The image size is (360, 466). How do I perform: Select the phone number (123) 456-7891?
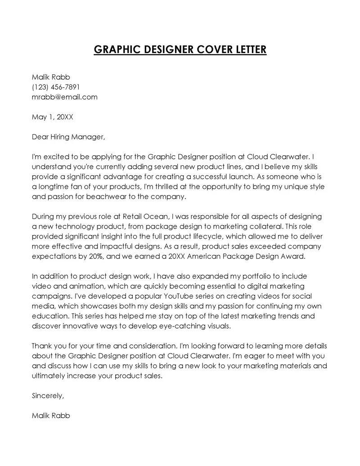[56, 87]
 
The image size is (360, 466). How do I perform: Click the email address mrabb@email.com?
[65, 97]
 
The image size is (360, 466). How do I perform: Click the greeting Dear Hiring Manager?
[68, 137]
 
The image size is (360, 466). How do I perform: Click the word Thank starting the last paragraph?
[42, 346]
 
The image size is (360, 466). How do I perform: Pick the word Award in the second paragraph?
[293, 256]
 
